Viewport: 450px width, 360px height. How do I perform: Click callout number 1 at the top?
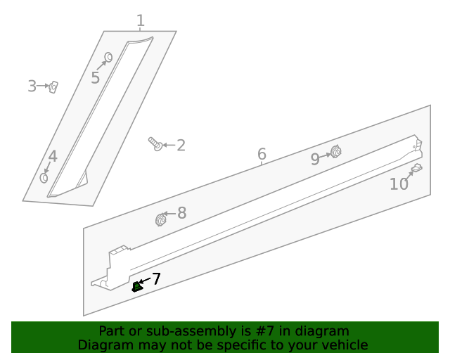(x=141, y=20)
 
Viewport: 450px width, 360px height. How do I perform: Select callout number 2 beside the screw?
(x=181, y=146)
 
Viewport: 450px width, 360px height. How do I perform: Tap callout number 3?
(x=32, y=86)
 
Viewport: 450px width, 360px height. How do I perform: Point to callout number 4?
(x=53, y=157)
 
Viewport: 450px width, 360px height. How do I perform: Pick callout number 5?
(x=95, y=77)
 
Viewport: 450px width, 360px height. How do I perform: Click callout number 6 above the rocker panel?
(x=262, y=154)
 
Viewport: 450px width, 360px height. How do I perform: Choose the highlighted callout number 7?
(x=156, y=279)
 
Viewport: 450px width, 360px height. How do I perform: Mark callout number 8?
(x=181, y=213)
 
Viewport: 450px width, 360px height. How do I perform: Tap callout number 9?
(x=316, y=159)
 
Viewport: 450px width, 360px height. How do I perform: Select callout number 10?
(x=399, y=184)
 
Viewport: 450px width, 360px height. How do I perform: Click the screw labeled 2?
(x=155, y=143)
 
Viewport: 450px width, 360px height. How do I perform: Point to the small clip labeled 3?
(x=53, y=86)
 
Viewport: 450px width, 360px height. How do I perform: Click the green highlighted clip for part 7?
(x=137, y=286)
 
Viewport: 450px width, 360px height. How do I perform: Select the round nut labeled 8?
(x=160, y=220)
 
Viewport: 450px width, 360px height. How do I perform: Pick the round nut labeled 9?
(x=335, y=152)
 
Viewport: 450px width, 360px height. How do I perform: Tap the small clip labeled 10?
(x=416, y=168)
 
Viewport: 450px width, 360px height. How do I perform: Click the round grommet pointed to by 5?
(x=109, y=57)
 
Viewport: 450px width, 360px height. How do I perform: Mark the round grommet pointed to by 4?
(x=44, y=178)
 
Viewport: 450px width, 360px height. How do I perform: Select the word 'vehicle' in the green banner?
(x=345, y=345)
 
